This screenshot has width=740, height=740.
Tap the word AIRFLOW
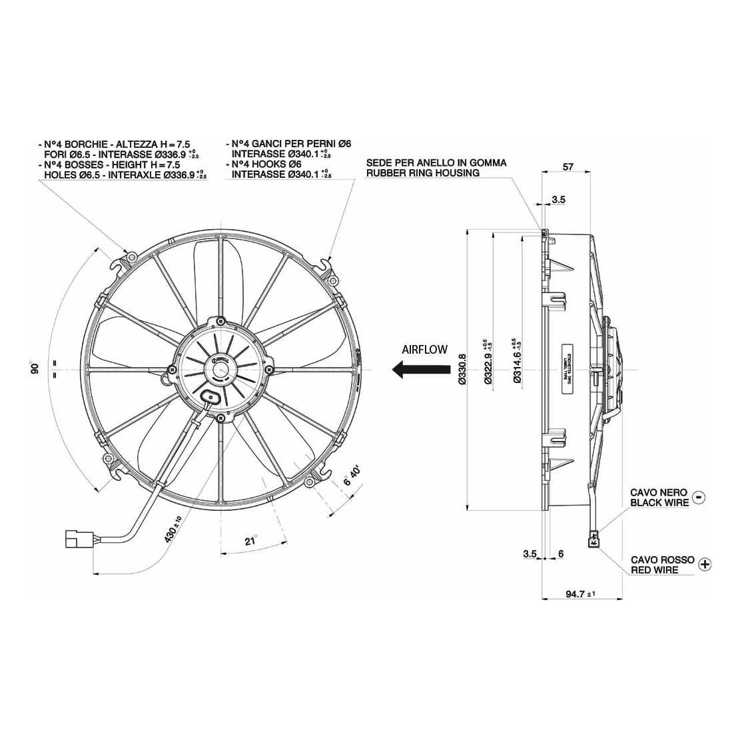point(424,349)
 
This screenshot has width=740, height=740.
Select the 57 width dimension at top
point(567,167)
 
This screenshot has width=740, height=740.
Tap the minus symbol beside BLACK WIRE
point(699,497)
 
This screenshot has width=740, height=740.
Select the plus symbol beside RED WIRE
point(706,565)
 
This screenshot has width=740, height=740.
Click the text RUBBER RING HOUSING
point(422,173)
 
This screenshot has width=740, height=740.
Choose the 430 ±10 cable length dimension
point(173,529)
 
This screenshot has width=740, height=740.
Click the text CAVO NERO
point(659,493)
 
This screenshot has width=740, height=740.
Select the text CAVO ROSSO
point(662,560)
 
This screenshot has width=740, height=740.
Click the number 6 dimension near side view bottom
point(561,554)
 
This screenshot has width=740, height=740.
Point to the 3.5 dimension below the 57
point(558,199)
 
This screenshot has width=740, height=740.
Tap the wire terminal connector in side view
point(592,538)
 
